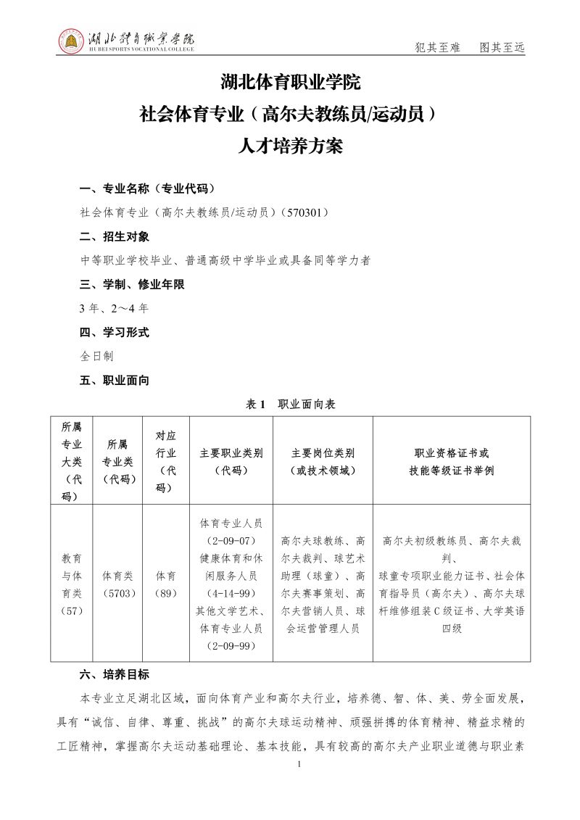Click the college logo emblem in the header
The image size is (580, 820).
coord(70,41)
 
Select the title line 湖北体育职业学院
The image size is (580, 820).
coord(290,82)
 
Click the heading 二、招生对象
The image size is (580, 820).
coord(115,236)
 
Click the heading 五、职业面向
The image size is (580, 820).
coord(115,380)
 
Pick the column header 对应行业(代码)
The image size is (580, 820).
coord(166,461)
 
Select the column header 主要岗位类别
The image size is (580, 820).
coord(323,461)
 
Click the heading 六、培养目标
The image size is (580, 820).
coord(115,674)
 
